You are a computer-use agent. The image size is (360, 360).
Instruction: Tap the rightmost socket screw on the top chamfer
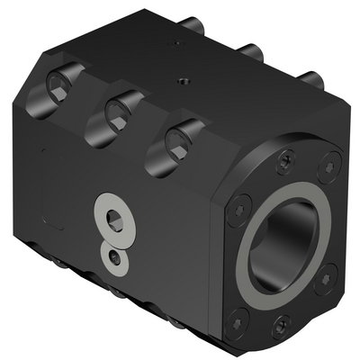[179, 139]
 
